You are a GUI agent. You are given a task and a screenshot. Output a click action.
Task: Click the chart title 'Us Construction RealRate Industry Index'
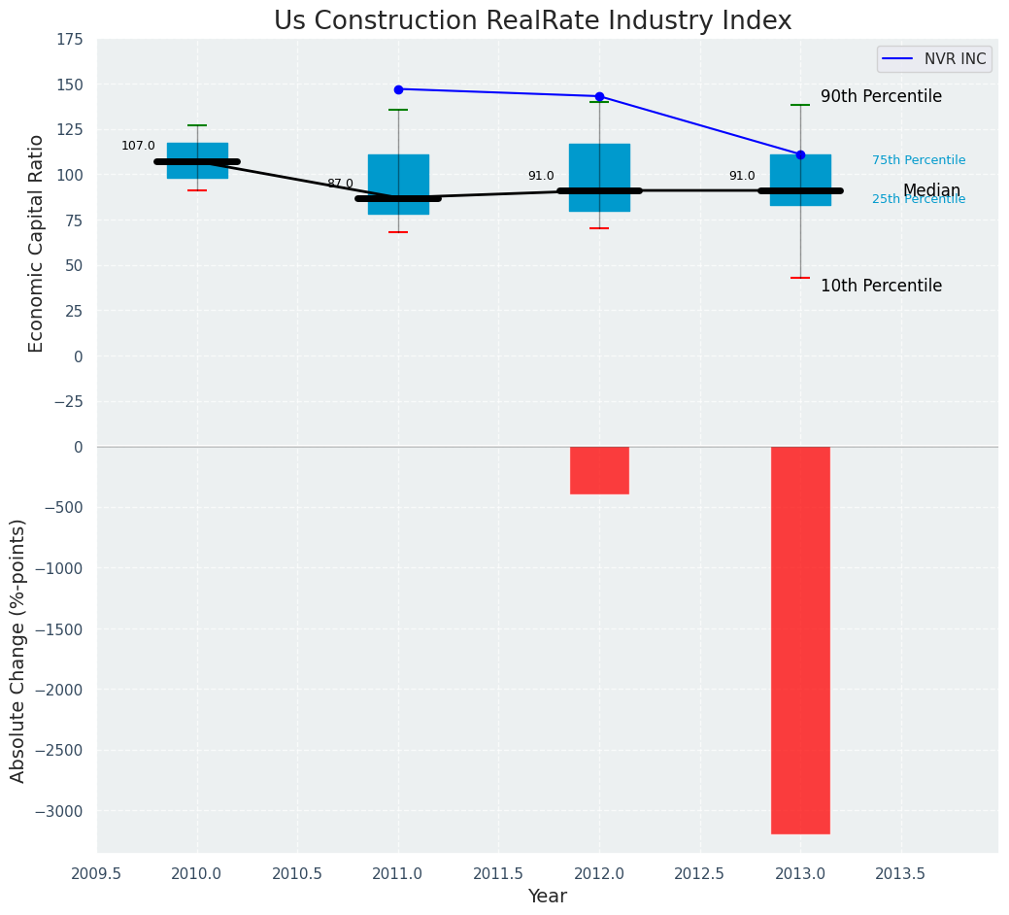click(532, 21)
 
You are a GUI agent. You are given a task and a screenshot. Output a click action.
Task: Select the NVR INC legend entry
click(934, 59)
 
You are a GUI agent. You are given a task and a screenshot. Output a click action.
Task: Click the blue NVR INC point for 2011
click(398, 89)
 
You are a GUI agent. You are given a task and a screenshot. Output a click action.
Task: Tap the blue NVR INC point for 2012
click(599, 96)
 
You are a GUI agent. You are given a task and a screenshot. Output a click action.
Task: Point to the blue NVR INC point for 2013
click(800, 154)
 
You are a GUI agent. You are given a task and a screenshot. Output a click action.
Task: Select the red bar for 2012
click(599, 470)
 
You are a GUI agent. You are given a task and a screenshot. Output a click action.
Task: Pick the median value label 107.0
click(138, 146)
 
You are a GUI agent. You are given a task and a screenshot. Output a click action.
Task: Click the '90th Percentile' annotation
click(881, 97)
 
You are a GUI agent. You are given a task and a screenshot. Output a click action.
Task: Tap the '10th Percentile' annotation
click(881, 286)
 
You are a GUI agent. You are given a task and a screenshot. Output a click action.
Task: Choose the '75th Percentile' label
click(918, 160)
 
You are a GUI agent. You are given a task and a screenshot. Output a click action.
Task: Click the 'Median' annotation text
click(931, 190)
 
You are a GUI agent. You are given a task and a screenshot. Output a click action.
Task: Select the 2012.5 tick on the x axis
click(700, 873)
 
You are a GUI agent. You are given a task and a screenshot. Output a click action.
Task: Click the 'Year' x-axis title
click(547, 897)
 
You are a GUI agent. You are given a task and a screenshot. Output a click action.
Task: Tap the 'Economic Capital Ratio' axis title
click(37, 243)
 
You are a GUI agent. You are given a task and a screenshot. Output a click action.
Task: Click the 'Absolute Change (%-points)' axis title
click(18, 650)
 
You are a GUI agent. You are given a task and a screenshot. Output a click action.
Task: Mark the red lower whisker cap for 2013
click(800, 278)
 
